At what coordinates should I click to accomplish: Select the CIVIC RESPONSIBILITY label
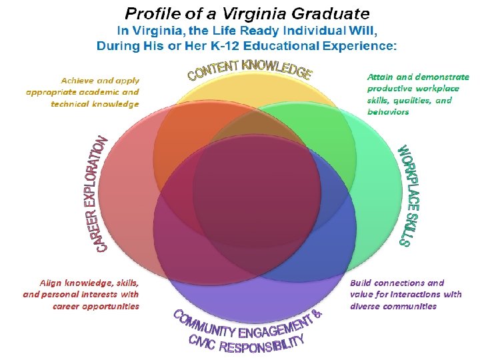click(x=246, y=343)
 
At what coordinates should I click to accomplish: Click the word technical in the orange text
click(x=69, y=104)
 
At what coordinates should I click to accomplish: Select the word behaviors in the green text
click(x=388, y=111)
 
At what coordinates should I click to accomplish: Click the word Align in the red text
click(x=51, y=283)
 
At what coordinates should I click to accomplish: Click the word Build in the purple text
click(x=363, y=283)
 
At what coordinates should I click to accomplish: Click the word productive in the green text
click(x=390, y=88)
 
